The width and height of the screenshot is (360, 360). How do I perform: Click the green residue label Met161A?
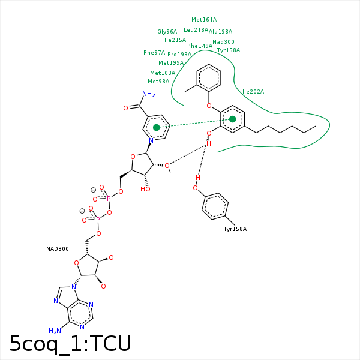pos(204,20)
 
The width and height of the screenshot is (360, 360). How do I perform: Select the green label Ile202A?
pos(253,92)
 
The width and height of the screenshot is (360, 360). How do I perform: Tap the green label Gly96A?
pos(167,32)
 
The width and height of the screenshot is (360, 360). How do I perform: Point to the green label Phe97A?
pos(154,53)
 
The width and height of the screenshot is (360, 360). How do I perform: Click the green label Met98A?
pos(158,82)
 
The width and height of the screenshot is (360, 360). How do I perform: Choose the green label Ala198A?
pos(220,32)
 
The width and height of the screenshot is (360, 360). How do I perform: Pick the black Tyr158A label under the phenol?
pos(235,229)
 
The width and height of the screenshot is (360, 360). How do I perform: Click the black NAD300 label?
pos(58,248)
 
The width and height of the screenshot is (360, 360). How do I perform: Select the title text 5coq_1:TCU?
pos(70,343)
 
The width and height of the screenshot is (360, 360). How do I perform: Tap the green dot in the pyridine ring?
pos(157,127)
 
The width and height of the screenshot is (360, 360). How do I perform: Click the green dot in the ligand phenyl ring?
pos(233,119)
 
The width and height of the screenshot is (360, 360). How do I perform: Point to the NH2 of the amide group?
pos(148,94)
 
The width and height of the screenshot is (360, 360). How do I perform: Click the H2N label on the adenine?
pos(55,331)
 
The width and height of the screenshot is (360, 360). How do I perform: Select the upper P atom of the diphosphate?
pos(108,197)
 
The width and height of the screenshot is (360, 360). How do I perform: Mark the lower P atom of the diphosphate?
pos(98,220)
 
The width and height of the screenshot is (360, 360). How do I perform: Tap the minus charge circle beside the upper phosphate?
pos(93,189)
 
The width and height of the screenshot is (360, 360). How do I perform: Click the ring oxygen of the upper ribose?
pos(133,157)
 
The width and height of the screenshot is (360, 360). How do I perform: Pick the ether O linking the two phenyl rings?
pos(209,106)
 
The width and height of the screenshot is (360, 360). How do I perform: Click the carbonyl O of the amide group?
pos(126,108)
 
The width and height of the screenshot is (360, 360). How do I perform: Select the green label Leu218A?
pos(196,30)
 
